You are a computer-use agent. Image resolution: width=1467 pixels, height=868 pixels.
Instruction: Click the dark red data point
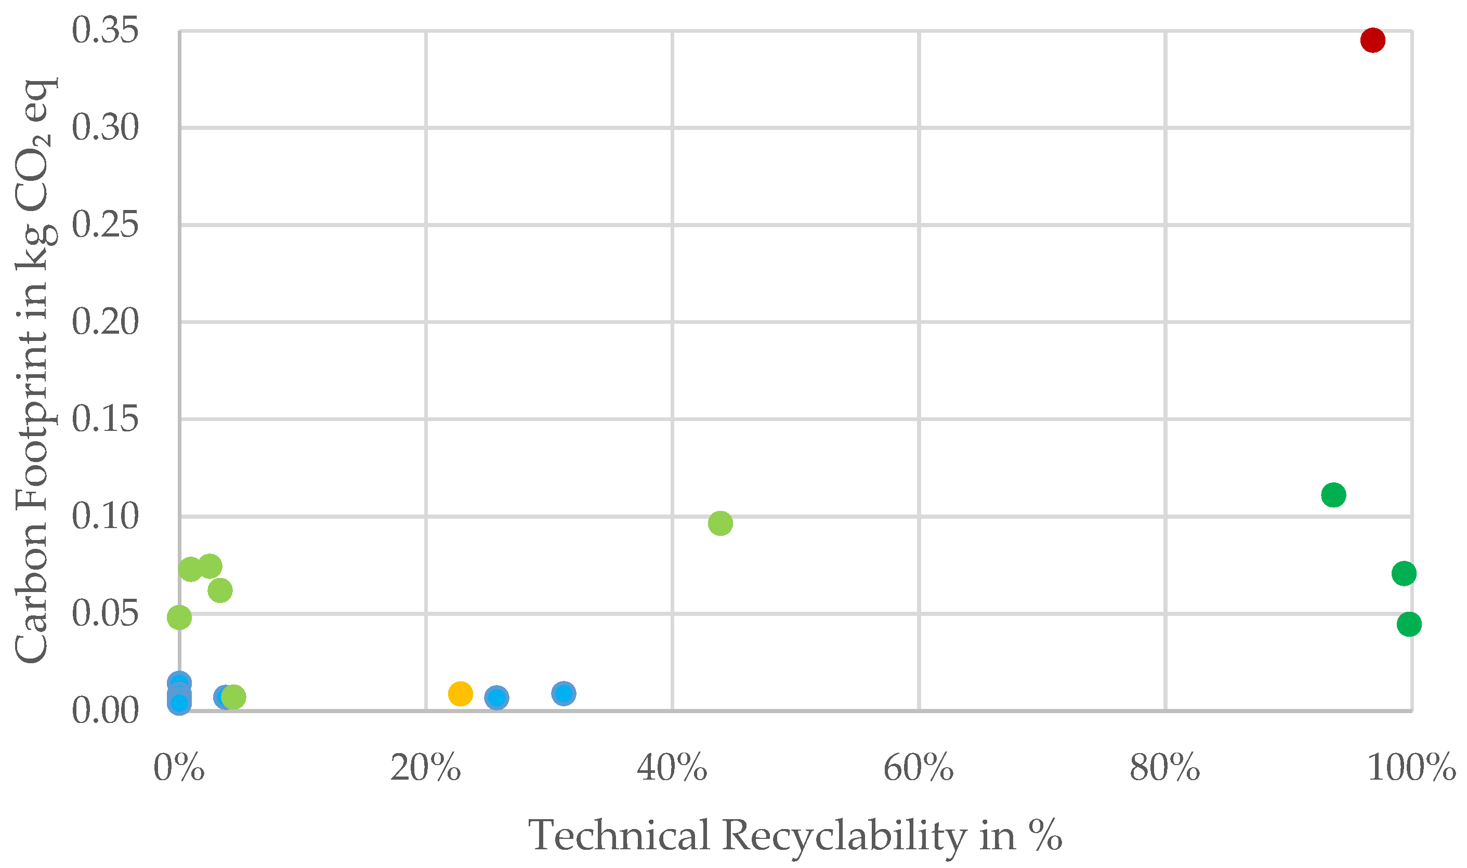(1372, 41)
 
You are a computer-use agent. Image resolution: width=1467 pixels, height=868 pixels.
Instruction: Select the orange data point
(461, 694)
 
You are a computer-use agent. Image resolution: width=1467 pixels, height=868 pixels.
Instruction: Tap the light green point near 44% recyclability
(720, 523)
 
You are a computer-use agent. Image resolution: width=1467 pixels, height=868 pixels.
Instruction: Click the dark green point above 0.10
(1333, 495)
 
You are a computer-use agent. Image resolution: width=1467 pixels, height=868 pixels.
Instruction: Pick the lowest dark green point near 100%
(1409, 624)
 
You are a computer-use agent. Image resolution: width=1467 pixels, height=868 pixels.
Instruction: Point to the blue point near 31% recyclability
(564, 693)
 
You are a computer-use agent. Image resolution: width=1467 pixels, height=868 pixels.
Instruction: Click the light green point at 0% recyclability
(179, 617)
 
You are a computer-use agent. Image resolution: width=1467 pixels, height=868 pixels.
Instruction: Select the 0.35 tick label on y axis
(106, 31)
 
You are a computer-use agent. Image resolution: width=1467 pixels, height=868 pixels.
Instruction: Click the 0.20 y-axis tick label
(106, 322)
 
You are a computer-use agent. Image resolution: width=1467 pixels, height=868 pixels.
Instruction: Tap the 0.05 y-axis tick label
(106, 613)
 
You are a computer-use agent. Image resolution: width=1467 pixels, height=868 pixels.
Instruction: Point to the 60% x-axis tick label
(919, 768)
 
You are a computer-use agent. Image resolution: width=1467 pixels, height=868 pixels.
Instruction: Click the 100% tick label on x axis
(1411, 768)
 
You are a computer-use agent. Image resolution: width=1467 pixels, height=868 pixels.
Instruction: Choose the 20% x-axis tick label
(425, 768)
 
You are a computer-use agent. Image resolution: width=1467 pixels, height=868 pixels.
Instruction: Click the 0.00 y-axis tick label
(106, 711)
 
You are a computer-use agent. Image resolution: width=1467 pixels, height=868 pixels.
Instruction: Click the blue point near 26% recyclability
(496, 697)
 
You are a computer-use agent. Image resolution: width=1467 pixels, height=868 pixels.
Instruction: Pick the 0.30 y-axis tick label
(106, 127)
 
